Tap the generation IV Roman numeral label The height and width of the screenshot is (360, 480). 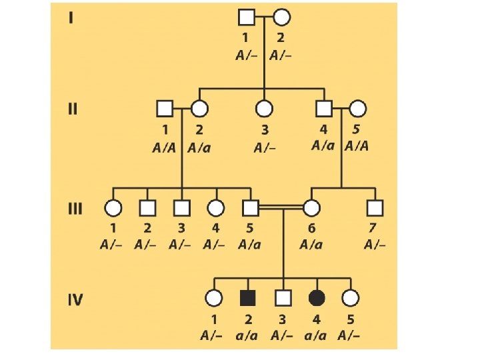[75, 299]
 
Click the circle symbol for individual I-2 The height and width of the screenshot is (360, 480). [281, 17]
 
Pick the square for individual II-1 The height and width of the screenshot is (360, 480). [163, 108]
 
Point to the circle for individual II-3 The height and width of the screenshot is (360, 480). [265, 108]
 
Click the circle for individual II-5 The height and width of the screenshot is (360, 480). [358, 108]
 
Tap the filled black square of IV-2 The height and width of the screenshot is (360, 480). [248, 299]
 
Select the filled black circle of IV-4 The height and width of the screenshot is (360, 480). [316, 299]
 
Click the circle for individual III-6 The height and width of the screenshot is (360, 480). [311, 208]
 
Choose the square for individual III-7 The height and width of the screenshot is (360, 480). [375, 208]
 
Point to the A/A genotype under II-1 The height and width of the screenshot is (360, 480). [165, 148]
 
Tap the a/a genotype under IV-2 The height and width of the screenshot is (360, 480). [248, 335]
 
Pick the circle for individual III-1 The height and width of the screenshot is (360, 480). [113, 208]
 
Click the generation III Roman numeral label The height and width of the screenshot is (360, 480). [75, 208]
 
